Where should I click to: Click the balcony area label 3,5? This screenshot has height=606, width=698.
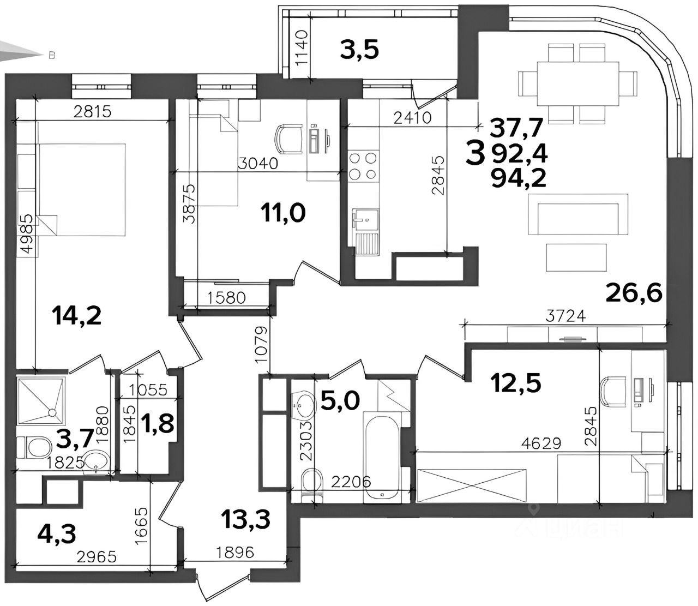click(359, 51)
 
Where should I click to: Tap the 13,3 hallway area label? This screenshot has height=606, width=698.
click(245, 519)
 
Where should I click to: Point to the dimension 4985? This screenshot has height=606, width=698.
click(28, 234)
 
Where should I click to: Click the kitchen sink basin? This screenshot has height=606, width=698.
click(365, 221)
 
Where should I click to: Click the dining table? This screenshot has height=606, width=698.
click(577, 84)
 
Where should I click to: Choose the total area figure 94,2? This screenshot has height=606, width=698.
click(519, 178)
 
